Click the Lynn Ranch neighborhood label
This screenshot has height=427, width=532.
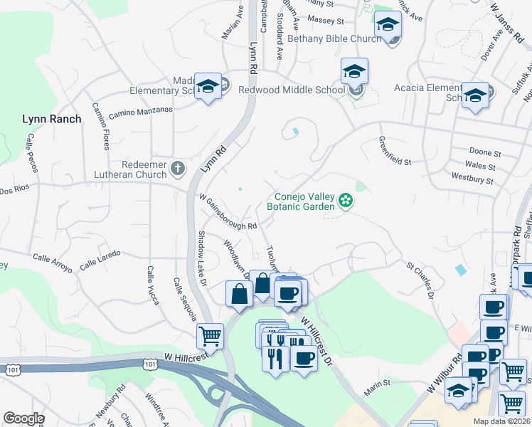click(52, 119)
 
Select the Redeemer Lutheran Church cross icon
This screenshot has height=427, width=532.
click(178, 169)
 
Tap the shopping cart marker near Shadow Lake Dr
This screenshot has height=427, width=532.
click(210, 336)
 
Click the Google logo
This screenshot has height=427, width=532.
click(23, 418)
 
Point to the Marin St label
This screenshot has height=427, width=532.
click(378, 383)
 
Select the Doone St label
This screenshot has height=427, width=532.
click(485, 152)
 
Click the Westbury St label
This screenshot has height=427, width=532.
click(472, 179)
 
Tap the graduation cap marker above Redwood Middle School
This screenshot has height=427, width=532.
click(354, 71)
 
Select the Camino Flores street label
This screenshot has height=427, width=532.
click(100, 125)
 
